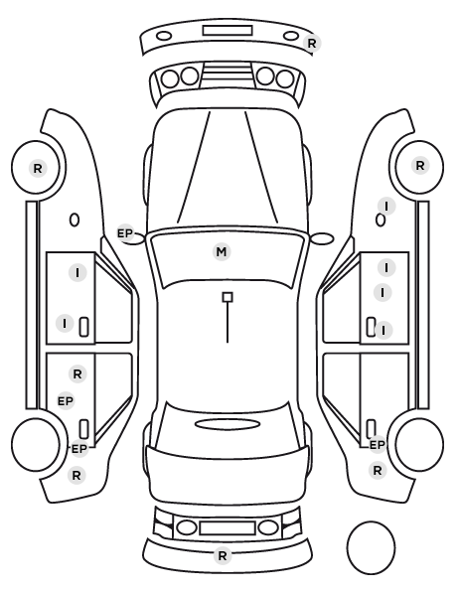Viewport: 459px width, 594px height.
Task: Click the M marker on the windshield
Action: tap(222, 252)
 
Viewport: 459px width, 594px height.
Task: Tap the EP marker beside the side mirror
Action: tap(125, 233)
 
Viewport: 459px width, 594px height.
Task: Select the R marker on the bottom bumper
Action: tap(223, 555)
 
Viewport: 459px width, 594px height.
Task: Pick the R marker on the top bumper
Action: tap(312, 43)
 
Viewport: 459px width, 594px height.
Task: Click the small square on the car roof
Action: tap(228, 297)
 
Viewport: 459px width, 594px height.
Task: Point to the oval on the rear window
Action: tap(228, 425)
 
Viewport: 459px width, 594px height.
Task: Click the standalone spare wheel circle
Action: tap(371, 522)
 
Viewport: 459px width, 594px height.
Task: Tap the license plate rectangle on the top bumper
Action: tap(228, 31)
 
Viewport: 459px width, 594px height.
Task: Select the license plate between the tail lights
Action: tap(228, 528)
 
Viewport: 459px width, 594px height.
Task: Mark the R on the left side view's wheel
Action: tap(38, 168)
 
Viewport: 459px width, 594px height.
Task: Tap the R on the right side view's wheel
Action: tap(420, 166)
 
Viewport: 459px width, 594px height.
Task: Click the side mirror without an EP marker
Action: tap(322, 238)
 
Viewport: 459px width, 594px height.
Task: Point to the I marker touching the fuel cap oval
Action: tap(386, 207)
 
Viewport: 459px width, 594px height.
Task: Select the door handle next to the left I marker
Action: tap(83, 327)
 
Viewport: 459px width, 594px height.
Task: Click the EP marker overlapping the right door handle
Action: tap(378, 445)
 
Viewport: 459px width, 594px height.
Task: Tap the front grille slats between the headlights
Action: tap(228, 74)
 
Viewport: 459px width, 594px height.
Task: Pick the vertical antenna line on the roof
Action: tap(228, 323)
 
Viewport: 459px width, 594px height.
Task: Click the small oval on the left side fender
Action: tap(75, 221)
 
